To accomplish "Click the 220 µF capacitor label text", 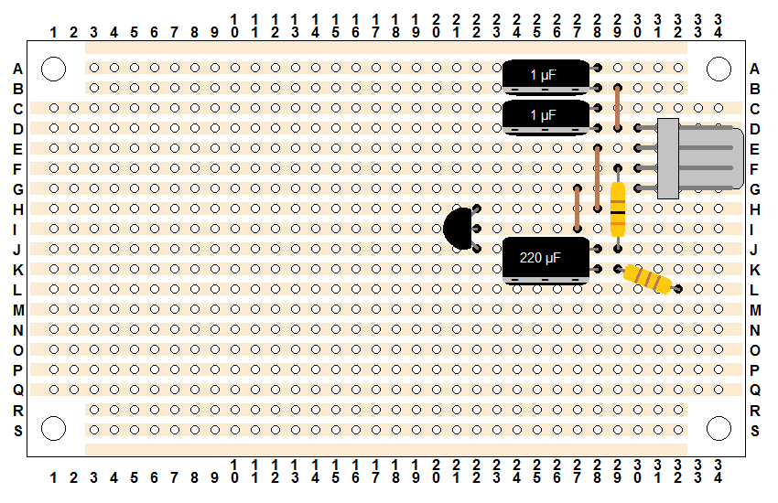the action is click(x=540, y=258).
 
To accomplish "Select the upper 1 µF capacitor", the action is click(x=546, y=77).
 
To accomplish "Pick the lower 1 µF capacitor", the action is click(x=546, y=117).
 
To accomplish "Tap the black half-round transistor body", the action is click(x=458, y=229).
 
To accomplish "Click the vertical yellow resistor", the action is click(x=618, y=209).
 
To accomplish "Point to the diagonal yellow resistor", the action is click(x=647, y=279).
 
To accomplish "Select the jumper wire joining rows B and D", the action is click(x=618, y=108).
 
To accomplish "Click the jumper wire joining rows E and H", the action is click(x=598, y=178).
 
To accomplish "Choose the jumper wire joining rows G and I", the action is click(x=577, y=209).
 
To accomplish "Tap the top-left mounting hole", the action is click(x=54, y=69).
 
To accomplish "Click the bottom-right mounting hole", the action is click(x=719, y=429).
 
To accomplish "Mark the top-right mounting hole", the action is click(x=719, y=69).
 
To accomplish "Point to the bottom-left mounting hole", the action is click(x=54, y=429).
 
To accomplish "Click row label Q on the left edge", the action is click(x=18, y=390).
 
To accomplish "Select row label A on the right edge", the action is click(x=755, y=69).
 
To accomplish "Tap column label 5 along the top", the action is click(x=134, y=33).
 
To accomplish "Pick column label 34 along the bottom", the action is click(x=718, y=471).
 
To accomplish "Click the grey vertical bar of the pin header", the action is click(x=668, y=158).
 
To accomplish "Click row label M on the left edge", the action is click(x=18, y=310).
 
